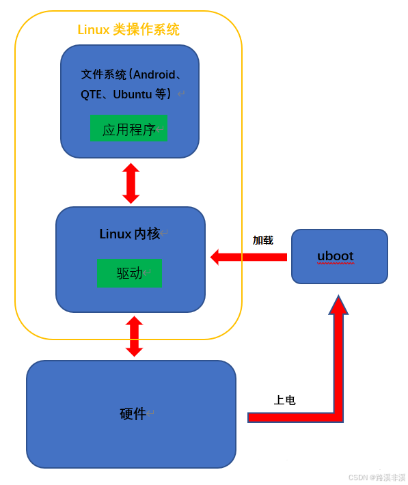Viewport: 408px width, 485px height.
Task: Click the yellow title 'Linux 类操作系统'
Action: click(x=128, y=29)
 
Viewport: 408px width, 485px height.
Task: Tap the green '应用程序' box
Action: click(x=128, y=129)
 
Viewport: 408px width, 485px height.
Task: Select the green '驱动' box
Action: click(x=129, y=273)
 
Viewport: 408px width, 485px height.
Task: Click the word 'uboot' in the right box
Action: click(x=335, y=256)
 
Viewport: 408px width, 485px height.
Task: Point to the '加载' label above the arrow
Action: click(x=262, y=240)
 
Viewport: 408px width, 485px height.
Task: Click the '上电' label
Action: click(x=284, y=400)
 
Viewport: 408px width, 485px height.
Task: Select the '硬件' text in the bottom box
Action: click(x=133, y=414)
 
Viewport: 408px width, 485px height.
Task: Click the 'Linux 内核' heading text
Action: click(x=130, y=234)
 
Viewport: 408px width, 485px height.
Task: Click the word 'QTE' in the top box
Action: click(x=91, y=94)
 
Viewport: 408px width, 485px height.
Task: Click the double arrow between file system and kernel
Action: click(x=131, y=183)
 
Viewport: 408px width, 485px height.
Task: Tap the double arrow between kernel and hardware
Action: click(x=134, y=336)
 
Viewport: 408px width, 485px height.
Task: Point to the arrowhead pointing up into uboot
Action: click(x=338, y=305)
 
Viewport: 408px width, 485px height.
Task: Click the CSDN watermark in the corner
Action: click(x=377, y=477)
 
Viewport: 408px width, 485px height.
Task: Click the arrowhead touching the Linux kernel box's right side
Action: click(x=215, y=257)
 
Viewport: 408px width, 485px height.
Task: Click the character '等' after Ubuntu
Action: click(x=161, y=94)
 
